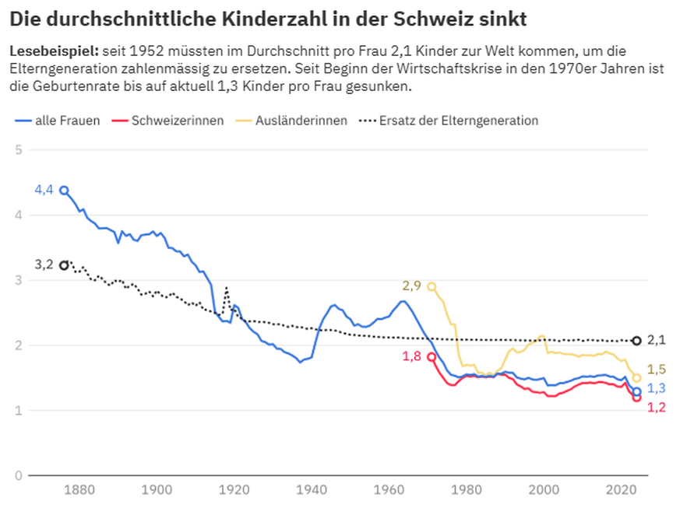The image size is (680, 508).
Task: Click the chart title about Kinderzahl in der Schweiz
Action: [x=273, y=16]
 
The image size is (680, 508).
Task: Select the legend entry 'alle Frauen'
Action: [x=57, y=121]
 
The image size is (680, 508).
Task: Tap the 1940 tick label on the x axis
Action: [x=312, y=490]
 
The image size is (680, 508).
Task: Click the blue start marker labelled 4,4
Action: [x=64, y=190]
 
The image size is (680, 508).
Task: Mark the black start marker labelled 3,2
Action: [x=64, y=265]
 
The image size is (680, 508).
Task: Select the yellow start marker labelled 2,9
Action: [x=432, y=286]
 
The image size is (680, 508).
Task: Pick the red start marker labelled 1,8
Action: [x=432, y=357]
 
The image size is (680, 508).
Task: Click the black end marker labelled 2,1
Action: [x=636, y=341]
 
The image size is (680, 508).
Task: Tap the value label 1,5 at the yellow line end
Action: [x=656, y=369]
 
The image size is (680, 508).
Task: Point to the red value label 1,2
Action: [x=656, y=407]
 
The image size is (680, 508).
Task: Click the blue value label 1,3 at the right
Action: [x=656, y=388]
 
